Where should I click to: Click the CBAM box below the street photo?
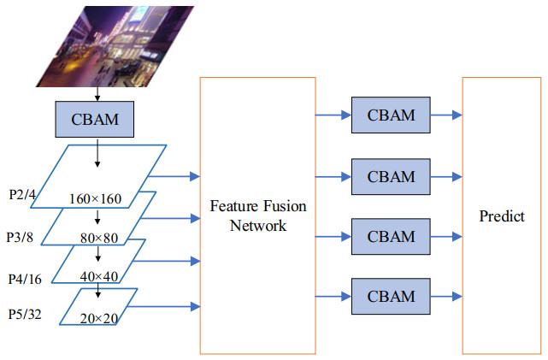tap(97, 119)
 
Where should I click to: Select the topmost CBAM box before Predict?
tap(391, 115)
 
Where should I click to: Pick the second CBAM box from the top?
tap(391, 176)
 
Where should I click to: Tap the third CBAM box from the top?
tap(391, 235)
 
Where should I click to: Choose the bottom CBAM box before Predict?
tap(391, 296)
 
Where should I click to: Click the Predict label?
tap(502, 216)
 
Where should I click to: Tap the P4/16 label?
tap(24, 278)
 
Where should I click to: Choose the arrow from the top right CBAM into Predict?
tap(446, 115)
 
